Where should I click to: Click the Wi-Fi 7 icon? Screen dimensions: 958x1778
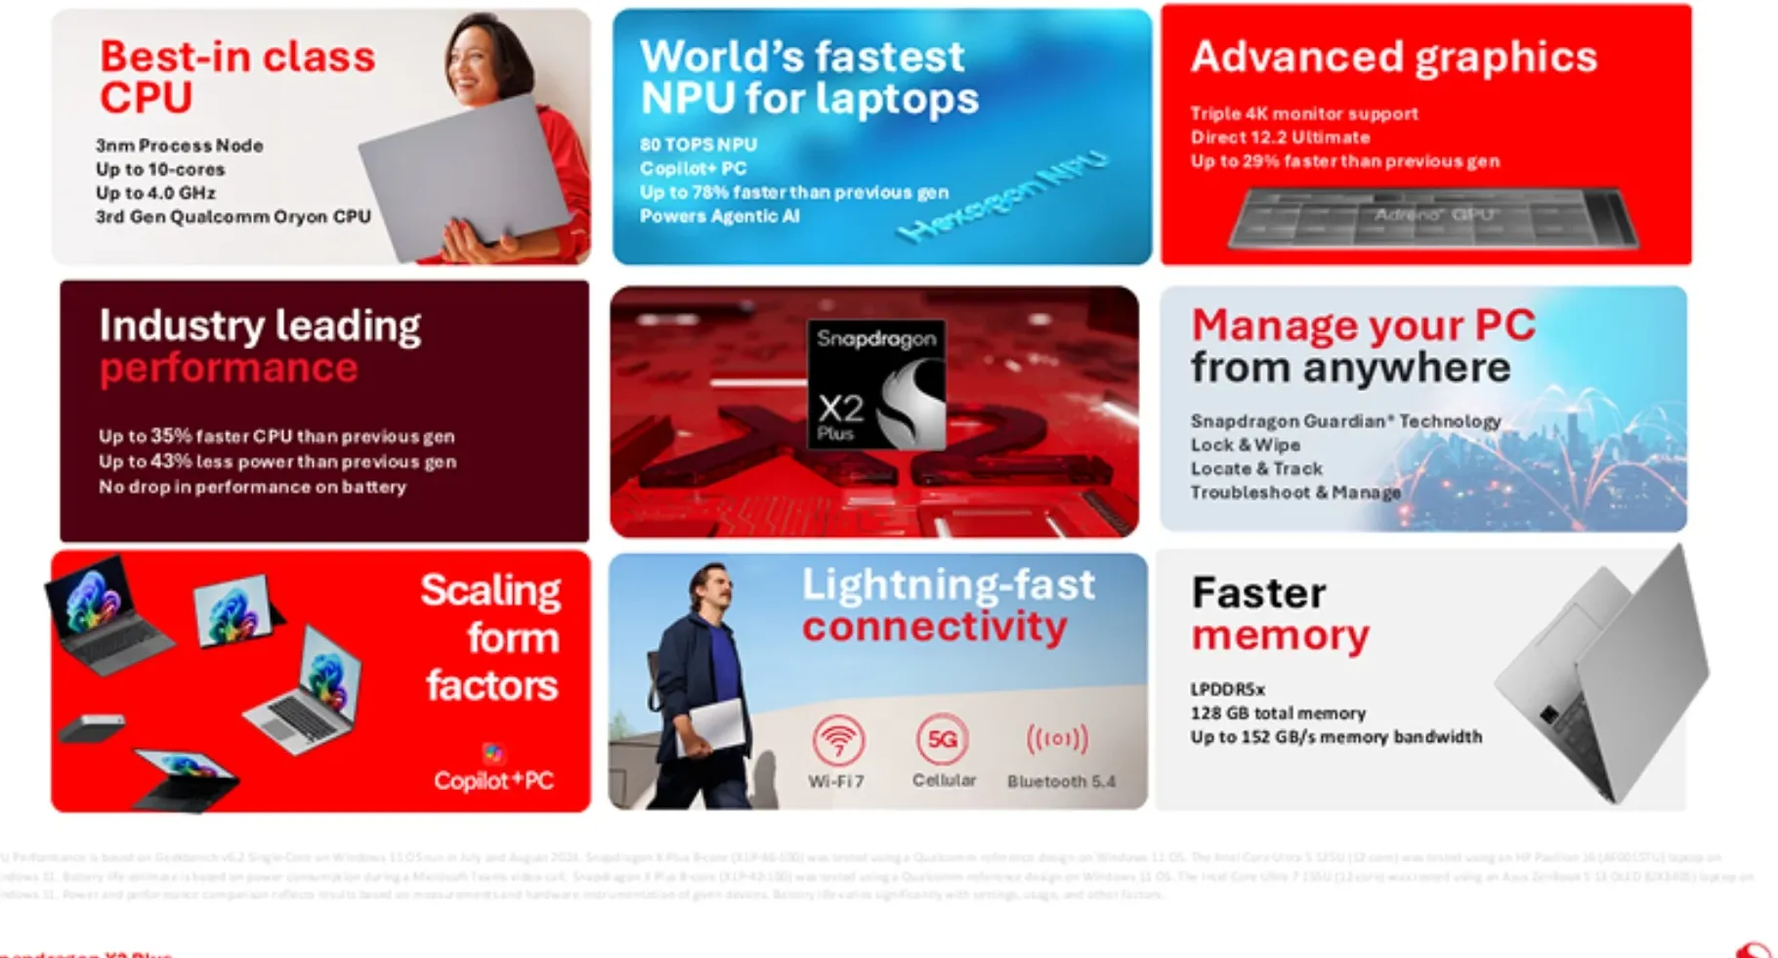coord(837,740)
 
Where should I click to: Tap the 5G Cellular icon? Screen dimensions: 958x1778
coord(942,740)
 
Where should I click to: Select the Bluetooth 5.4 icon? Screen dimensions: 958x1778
coord(1057,739)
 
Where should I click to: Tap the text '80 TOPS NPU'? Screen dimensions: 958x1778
coord(698,145)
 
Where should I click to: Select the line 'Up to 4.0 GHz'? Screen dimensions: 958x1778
coord(155,194)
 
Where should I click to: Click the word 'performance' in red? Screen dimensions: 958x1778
coord(229,369)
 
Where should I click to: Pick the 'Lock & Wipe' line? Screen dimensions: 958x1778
coord(1245,445)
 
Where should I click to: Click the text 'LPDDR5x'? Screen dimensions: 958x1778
coord(1227,689)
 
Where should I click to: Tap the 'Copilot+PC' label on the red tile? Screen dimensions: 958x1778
coord(493,780)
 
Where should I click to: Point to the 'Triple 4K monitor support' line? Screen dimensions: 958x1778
coord(1303,113)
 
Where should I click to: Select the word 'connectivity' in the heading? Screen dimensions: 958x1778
coord(934,627)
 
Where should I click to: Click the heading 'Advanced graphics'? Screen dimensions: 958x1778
coord(1393,57)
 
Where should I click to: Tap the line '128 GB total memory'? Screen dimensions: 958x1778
coord(1277,714)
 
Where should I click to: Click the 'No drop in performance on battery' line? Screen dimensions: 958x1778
coord(252,487)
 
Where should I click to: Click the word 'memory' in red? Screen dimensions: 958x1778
coord(1280,636)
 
